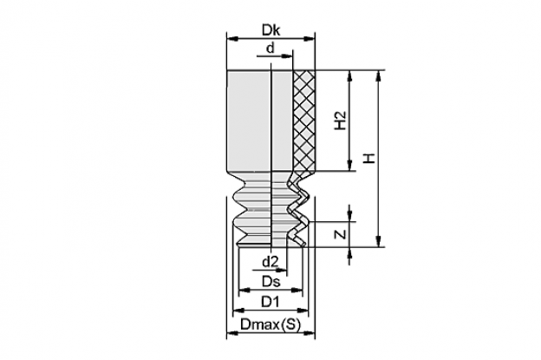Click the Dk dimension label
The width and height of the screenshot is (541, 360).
pos(270,30)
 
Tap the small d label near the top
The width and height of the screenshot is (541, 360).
pos(270,48)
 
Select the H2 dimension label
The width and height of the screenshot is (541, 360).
pos(341,120)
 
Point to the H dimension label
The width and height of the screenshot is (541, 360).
pos(369,159)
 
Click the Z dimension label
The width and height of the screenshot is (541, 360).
pos(341,234)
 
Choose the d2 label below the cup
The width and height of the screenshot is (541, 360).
pos(270,262)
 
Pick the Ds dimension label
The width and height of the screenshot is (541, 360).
pos(270,282)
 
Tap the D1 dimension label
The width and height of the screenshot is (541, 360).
pos(270,302)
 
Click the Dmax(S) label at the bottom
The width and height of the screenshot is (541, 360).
pos(270,324)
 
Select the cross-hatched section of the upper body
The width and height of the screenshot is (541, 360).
pos(304,121)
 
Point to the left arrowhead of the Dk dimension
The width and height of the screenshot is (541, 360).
pos(231,39)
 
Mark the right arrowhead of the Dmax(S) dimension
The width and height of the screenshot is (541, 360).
pos(310,333)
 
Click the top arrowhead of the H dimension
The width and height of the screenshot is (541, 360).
pos(379,76)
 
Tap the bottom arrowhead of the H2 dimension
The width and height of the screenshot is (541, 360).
pos(350,166)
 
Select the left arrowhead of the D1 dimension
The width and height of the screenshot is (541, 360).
pos(238,311)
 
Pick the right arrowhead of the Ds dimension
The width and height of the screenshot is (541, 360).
pos(297,291)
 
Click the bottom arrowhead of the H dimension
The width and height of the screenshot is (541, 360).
pos(379,241)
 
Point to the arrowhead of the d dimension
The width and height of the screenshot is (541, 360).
pos(287,56)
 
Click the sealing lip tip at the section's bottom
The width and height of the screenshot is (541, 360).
pos(304,245)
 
